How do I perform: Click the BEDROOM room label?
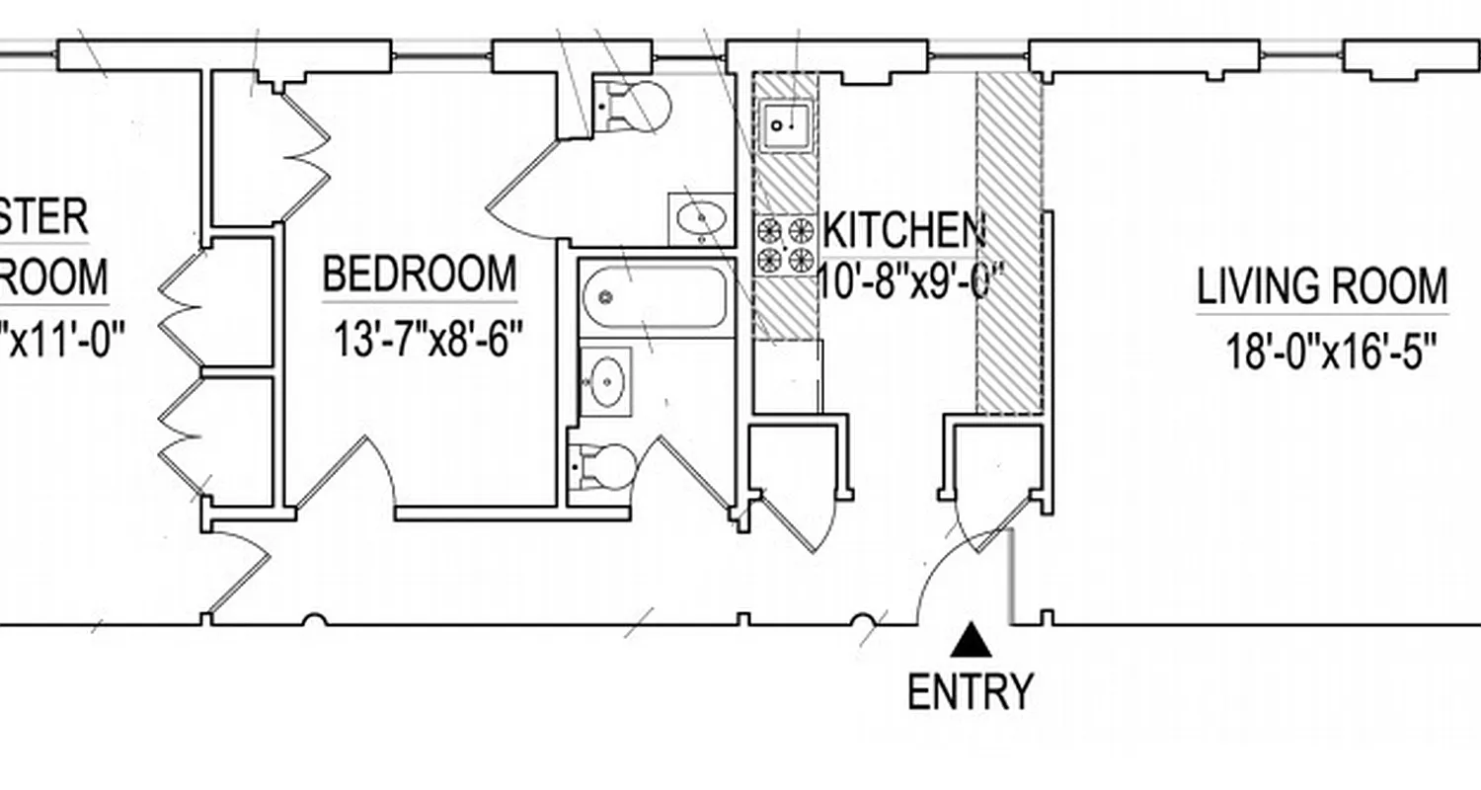(x=420, y=275)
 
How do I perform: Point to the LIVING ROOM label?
(x=1322, y=287)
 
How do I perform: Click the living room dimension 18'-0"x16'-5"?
(x=1330, y=352)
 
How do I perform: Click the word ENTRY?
(x=970, y=691)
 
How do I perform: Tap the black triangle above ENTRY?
(x=972, y=641)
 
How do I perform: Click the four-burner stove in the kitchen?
(x=786, y=246)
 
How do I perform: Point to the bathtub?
(x=655, y=297)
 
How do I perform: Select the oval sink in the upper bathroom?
(x=702, y=218)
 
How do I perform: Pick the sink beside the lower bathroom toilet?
(x=605, y=379)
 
